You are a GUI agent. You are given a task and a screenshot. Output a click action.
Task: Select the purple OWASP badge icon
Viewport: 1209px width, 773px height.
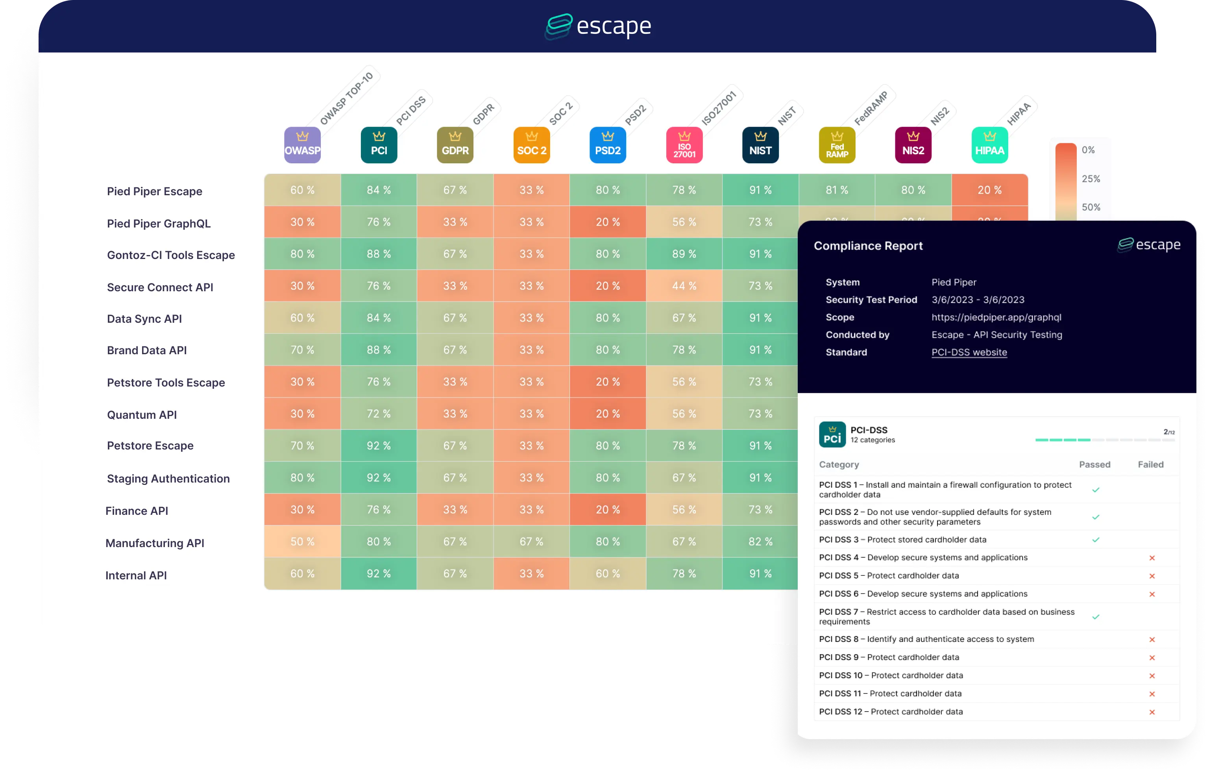click(302, 145)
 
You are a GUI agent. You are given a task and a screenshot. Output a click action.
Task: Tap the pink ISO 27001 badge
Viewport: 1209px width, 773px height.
click(684, 145)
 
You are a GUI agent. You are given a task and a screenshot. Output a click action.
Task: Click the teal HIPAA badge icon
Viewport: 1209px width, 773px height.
click(989, 145)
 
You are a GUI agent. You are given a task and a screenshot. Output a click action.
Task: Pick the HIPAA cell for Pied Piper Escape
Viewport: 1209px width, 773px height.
click(989, 190)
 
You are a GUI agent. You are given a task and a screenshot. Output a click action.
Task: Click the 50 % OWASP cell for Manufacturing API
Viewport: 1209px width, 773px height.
click(302, 542)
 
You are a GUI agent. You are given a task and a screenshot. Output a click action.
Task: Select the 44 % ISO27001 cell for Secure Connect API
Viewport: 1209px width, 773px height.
click(684, 286)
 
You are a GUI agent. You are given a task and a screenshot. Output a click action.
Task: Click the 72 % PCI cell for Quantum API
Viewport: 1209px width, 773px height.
click(379, 414)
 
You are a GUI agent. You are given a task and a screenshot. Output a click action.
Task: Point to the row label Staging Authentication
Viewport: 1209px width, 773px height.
click(168, 479)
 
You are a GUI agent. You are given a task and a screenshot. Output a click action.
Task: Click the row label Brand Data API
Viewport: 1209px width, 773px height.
click(147, 351)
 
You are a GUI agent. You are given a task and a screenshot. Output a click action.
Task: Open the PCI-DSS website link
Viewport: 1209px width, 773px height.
click(969, 352)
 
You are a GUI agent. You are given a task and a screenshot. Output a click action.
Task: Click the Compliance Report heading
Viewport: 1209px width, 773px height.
click(868, 246)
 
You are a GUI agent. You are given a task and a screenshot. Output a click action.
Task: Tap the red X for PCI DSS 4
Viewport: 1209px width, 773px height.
click(1152, 558)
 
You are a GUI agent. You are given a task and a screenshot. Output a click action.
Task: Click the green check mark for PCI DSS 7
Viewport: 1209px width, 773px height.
click(1096, 617)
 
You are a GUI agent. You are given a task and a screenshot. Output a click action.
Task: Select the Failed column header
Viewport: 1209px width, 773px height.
click(1150, 464)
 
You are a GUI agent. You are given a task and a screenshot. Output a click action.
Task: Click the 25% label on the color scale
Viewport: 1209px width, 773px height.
click(1091, 179)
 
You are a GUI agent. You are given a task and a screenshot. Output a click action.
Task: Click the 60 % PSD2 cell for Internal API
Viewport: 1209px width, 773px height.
click(608, 573)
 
